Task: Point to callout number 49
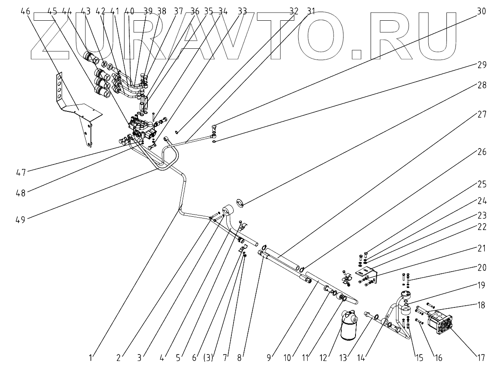tap(20, 219)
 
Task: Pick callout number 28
tap(481, 85)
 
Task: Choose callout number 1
tap(91, 358)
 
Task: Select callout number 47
tap(20, 172)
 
